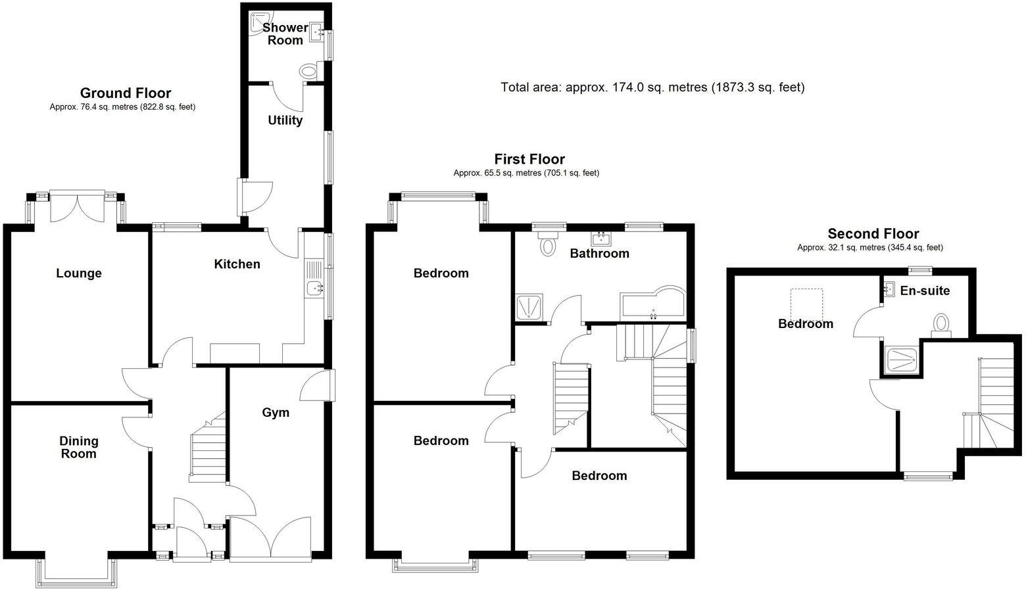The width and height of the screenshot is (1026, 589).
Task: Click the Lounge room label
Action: click(x=78, y=273)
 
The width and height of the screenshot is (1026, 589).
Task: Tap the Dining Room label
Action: click(x=78, y=448)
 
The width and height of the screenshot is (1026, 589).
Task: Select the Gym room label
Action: click(x=276, y=413)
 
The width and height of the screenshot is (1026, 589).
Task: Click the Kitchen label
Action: click(x=237, y=264)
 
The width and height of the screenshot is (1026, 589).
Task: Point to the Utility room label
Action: click(x=285, y=120)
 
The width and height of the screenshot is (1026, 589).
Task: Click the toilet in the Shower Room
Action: click(x=308, y=71)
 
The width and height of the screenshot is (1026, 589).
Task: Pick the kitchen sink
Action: click(x=316, y=287)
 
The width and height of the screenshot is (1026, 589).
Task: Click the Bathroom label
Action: click(x=599, y=254)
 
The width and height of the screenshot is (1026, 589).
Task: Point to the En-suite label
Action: click(x=925, y=291)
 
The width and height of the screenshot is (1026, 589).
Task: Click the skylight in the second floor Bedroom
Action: click(x=806, y=304)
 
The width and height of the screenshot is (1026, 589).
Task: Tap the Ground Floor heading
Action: click(x=125, y=93)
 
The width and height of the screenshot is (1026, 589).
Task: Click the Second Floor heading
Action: click(x=873, y=234)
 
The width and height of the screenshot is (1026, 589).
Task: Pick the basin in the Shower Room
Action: click(x=316, y=30)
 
